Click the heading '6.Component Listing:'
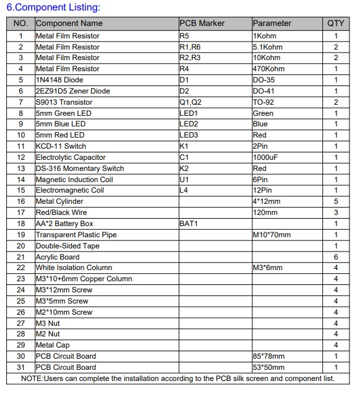point(53,7)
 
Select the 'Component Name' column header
point(69,24)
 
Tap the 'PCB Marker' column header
point(202,24)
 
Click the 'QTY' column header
point(336,24)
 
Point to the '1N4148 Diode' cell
point(59,80)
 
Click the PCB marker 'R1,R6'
point(190,47)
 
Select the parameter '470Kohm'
point(269,69)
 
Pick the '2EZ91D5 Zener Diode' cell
point(72,91)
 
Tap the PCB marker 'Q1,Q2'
point(190,102)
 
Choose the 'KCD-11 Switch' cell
point(61,146)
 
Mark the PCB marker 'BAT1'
point(189,224)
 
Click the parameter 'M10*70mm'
point(271,235)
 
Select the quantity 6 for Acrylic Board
point(336,257)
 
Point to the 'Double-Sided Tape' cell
point(68,246)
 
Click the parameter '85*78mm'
point(269,356)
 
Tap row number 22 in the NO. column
point(21,268)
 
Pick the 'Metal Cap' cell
point(52,345)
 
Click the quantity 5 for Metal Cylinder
point(336,201)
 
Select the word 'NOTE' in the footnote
point(32,378)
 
